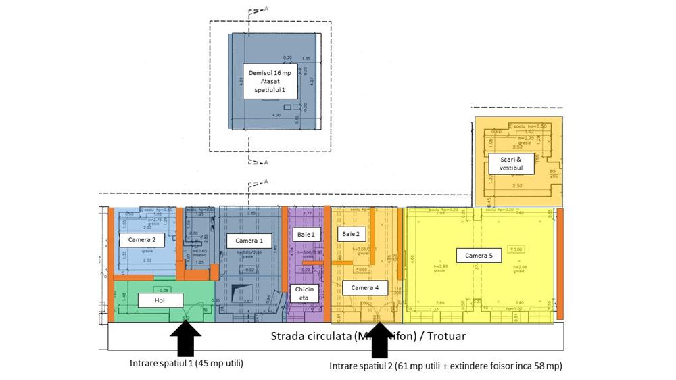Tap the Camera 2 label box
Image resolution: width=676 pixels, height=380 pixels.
(142, 239)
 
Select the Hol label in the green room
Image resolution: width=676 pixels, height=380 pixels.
(160, 300)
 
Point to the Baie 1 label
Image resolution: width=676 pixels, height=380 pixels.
(305, 234)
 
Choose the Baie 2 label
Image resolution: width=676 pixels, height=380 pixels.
(349, 234)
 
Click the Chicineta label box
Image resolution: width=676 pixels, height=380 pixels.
(304, 293)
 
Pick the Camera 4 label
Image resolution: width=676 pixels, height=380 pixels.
(365, 288)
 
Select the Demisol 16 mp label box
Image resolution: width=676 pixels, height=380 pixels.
(269, 81)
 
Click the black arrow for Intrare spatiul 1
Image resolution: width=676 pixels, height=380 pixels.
(186, 338)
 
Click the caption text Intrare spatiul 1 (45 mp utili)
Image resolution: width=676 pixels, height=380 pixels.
(187, 363)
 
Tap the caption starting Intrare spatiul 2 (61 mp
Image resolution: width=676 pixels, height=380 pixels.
(445, 366)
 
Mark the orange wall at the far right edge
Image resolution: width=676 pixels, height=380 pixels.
(560, 264)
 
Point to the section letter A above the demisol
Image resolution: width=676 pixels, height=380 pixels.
(266, 9)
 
